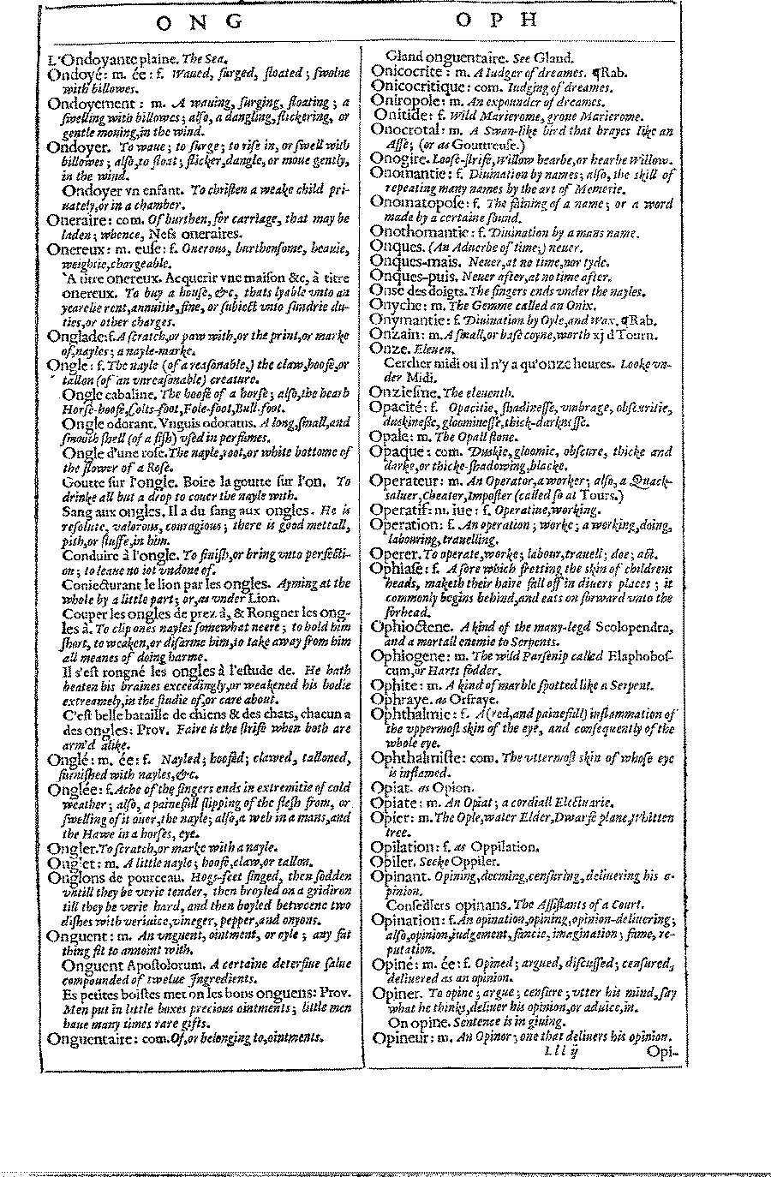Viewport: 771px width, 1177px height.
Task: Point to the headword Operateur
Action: [x=405, y=481]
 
